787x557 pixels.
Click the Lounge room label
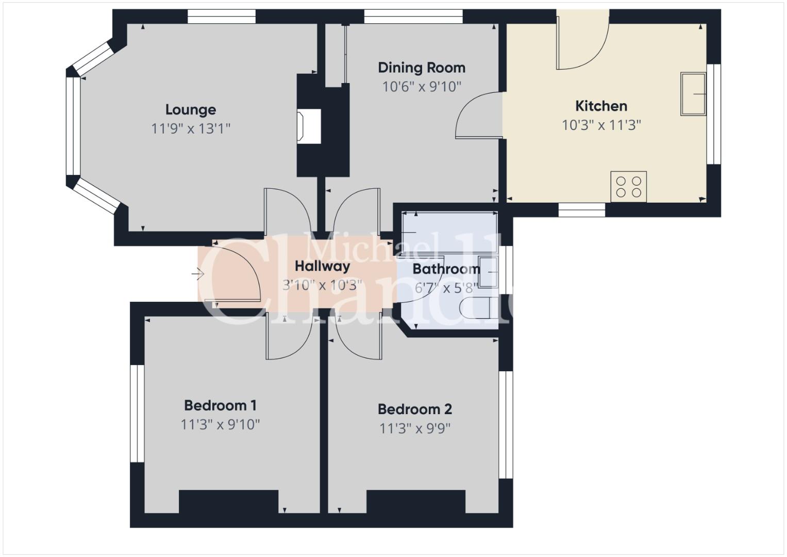[x=191, y=110]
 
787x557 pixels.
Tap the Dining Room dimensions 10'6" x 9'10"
[x=422, y=87]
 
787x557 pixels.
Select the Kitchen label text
[x=601, y=106]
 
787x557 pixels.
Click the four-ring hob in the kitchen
[x=629, y=187]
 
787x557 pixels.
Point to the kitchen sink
[x=694, y=94]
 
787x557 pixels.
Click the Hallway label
[x=322, y=266]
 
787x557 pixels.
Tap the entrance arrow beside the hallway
[x=198, y=273]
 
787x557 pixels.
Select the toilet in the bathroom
[x=479, y=308]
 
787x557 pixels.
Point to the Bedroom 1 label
[x=220, y=405]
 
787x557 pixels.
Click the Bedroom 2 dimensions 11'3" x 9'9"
[x=415, y=428]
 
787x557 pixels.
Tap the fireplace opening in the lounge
[x=309, y=126]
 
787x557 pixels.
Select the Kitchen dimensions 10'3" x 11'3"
[x=601, y=125]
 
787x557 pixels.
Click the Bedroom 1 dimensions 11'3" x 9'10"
[x=220, y=425]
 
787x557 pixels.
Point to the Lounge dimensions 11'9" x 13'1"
[x=191, y=129]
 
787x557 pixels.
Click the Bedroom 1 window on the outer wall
[x=138, y=414]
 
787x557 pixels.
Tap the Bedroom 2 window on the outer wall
[x=506, y=425]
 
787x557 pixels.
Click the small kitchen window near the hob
[x=582, y=210]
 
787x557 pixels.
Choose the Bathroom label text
[x=446, y=269]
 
